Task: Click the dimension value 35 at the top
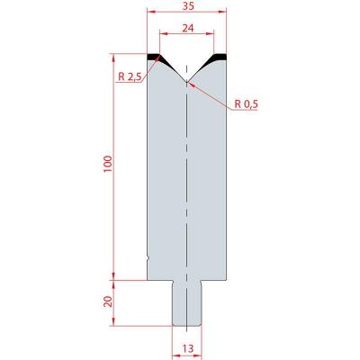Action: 187,6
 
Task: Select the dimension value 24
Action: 188,28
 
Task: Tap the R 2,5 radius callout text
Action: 130,77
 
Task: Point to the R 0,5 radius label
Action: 246,104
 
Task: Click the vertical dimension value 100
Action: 108,164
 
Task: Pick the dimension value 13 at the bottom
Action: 188,348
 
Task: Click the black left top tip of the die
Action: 157,58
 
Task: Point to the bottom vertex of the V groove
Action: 186,82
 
